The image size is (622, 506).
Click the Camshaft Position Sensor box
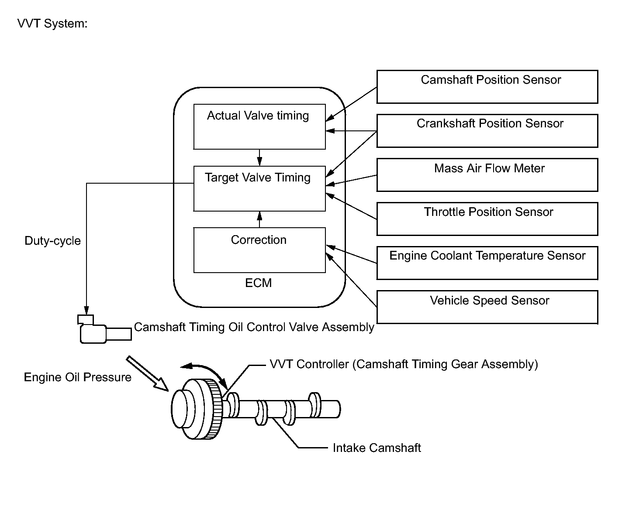coord(487,87)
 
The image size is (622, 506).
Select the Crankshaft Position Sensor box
coord(487,131)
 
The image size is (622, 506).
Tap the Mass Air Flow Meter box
coord(487,175)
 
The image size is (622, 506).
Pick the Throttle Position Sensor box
coord(487,219)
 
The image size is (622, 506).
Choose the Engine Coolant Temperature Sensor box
coord(487,263)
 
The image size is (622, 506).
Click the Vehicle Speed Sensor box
coord(487,307)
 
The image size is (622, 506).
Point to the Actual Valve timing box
coord(259,126)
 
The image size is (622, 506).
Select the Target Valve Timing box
coord(259,188)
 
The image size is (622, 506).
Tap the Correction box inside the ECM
coord(259,250)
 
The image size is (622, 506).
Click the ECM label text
coord(259,283)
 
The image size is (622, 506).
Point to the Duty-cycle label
coord(53,241)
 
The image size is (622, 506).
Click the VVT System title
coord(52,24)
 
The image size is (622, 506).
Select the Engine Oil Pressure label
coord(77,377)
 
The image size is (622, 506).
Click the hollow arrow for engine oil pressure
coord(147,373)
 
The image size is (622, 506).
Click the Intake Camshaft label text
coord(377,448)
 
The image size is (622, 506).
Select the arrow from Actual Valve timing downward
coord(259,157)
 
